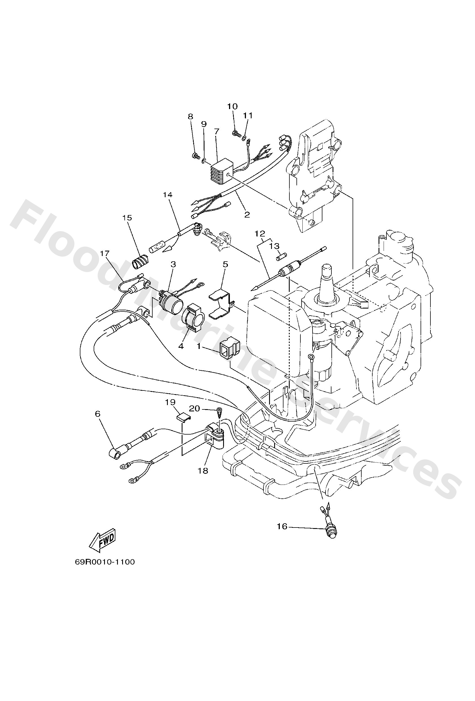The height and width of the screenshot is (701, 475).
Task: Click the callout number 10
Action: click(x=232, y=106)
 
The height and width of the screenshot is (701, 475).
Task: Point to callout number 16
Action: click(x=282, y=526)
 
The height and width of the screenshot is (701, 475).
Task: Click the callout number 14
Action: click(x=168, y=195)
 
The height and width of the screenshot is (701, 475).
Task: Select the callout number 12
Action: click(x=260, y=233)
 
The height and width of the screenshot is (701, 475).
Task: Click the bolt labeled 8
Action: click(x=196, y=156)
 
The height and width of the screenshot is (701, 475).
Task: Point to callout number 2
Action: click(x=247, y=214)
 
